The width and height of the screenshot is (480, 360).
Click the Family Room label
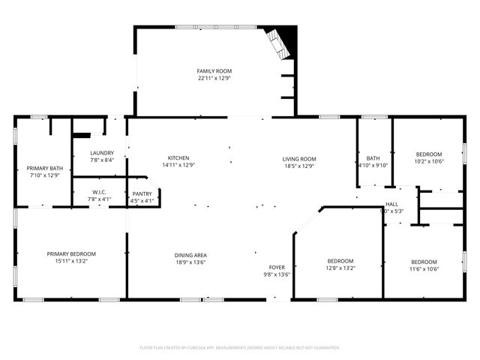pos(214,70)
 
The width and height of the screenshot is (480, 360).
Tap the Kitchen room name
pos(178,158)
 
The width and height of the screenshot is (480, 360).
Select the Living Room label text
pos(299,158)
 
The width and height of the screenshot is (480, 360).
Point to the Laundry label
pos(102,153)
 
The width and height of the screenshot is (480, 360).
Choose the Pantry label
pos(142,193)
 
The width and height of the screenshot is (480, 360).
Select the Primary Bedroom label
pos(71,254)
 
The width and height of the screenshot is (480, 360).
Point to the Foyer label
pos(277,267)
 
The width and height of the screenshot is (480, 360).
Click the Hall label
pos(391,204)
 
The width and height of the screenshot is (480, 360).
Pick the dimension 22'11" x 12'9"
pos(214,78)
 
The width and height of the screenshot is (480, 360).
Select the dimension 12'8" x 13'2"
pos(340,268)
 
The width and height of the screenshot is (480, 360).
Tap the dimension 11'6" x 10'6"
pos(424,269)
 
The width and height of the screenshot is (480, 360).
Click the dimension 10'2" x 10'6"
pos(429,160)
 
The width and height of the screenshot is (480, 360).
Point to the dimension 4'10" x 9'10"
pos(373,166)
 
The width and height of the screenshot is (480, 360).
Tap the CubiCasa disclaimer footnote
pos(240,348)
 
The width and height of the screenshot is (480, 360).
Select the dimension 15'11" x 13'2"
pos(71,262)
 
